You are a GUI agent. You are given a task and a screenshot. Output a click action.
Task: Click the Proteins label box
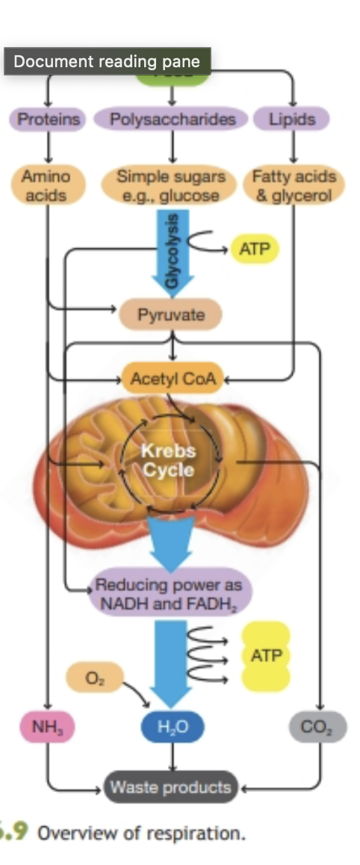click(48, 119)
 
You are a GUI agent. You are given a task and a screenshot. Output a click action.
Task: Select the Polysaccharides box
click(173, 119)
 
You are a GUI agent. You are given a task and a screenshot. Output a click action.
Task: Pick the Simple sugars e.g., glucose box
click(172, 186)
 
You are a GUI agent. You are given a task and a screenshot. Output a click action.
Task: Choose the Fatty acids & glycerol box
click(294, 186)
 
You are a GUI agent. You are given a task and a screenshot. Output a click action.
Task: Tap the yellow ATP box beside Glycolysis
click(255, 249)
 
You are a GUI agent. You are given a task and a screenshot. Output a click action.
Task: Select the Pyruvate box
click(171, 314)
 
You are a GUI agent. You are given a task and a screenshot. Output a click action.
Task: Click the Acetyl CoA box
click(173, 379)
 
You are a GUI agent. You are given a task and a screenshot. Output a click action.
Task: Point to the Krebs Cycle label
click(168, 461)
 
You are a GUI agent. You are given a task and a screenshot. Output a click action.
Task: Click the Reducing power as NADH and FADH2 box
click(172, 594)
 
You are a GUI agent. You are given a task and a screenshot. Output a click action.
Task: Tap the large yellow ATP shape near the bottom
click(266, 656)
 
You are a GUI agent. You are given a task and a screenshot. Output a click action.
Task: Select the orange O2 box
click(93, 678)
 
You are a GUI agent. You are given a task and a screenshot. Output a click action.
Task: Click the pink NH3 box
click(47, 725)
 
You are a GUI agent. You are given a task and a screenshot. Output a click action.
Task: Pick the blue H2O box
click(173, 725)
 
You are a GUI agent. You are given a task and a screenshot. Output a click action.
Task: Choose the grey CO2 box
click(317, 725)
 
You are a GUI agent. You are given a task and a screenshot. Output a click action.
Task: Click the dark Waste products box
click(171, 787)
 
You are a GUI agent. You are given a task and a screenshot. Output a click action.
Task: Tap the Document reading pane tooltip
click(107, 61)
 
